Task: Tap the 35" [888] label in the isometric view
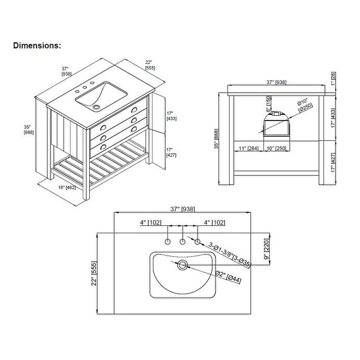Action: pos(29,129)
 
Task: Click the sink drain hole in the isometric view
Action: pos(95,107)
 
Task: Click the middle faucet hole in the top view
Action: pos(183,242)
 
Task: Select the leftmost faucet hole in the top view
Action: pos(167,242)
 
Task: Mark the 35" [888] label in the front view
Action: pos(220,139)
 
